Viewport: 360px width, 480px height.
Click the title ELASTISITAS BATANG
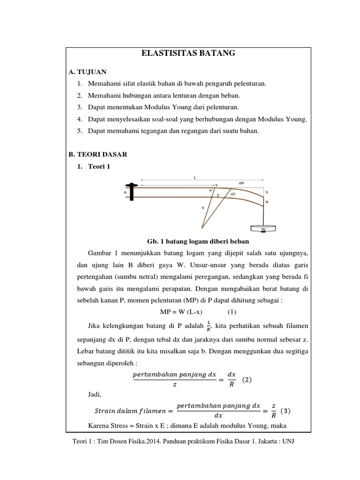pos(188,54)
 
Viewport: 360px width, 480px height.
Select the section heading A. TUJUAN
pos(87,72)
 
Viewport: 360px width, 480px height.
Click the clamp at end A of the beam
pos(133,192)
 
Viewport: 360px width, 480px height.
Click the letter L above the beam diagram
pos(195,177)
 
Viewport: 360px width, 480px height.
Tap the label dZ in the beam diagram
pos(233,193)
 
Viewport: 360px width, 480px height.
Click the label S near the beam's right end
pos(267,192)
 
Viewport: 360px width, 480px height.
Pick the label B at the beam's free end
pos(267,202)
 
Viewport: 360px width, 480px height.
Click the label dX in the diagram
pos(241,183)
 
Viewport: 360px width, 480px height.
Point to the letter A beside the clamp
pos(125,192)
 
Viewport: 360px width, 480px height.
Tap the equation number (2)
pos(247,380)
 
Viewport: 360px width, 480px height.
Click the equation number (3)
pos(285,411)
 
